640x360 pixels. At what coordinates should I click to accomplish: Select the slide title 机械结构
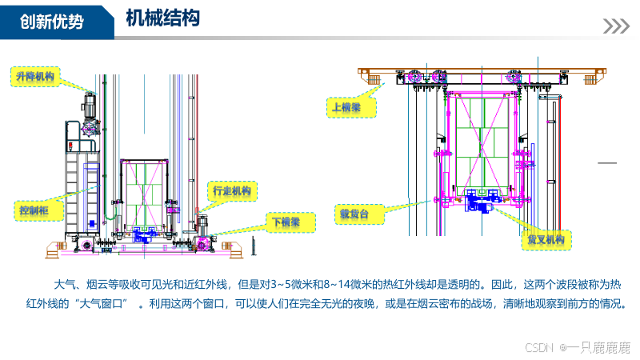pos(162,18)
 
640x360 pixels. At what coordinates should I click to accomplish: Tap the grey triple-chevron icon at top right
pos(615,26)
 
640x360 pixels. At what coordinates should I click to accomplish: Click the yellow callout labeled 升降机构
pos(35,77)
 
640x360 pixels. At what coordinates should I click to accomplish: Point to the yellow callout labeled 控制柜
pos(33,210)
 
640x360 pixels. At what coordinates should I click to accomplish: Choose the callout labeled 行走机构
pos(231,191)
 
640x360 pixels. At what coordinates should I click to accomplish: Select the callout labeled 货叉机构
pos(546,239)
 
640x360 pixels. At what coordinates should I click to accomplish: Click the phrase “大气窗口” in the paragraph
pos(101,305)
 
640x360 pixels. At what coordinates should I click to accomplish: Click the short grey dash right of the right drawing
pos(608,163)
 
